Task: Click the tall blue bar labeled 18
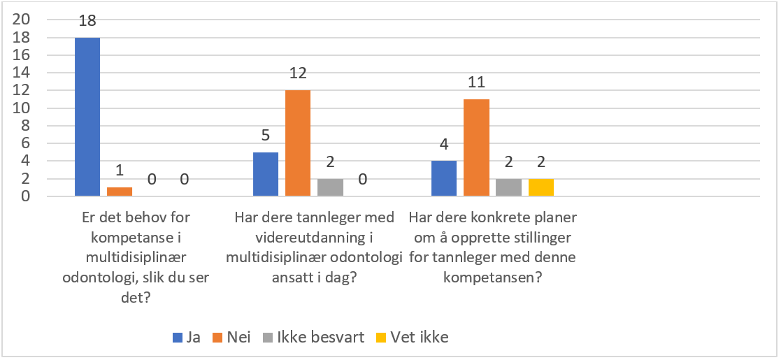pos(87,117)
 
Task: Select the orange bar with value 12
pos(297,143)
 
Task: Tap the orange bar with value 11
pos(476,147)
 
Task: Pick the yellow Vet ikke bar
pos(540,187)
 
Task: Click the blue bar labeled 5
pos(265,174)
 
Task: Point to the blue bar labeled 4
pos(444,178)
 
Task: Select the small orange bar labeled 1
pos(120,192)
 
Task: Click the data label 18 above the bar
pos(87,22)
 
